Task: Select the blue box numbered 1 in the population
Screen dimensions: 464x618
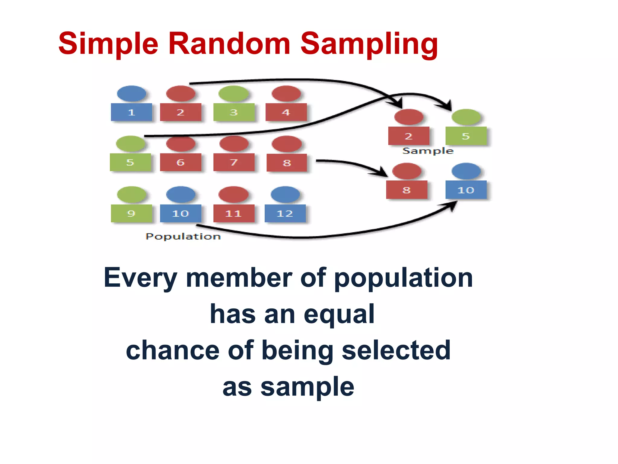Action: (x=131, y=112)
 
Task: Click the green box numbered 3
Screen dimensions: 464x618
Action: (x=234, y=112)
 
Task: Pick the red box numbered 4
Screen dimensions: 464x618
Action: (x=286, y=112)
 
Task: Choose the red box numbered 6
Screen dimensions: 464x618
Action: (x=180, y=163)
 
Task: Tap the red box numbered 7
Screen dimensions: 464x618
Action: (x=234, y=163)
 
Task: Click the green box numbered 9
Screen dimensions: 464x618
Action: (x=131, y=214)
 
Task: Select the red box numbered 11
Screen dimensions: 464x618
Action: (x=234, y=214)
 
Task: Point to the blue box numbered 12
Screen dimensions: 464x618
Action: (x=285, y=214)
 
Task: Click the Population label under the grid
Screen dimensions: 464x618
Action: (x=183, y=237)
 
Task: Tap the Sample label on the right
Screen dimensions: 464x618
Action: (x=428, y=151)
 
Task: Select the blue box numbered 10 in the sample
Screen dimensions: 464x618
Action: (x=466, y=190)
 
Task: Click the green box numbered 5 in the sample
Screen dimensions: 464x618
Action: (x=466, y=136)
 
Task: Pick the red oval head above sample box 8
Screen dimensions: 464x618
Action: (x=407, y=171)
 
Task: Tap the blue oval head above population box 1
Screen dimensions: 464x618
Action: (x=131, y=94)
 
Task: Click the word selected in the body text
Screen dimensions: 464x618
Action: (x=396, y=350)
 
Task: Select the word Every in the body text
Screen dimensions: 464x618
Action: (x=140, y=278)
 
